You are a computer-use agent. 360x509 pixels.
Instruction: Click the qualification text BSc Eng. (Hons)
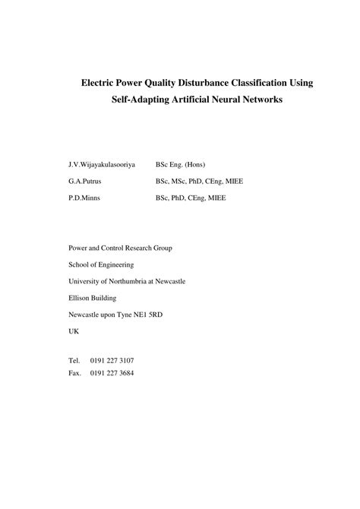point(181,164)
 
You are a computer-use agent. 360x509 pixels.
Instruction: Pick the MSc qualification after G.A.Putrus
point(182,181)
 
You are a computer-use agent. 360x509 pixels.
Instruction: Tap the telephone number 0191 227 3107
point(112,359)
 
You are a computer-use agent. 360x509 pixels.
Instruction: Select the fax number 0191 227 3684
point(112,373)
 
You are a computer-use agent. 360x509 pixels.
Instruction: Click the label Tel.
point(74,359)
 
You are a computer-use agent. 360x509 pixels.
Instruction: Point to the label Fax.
point(74,373)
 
